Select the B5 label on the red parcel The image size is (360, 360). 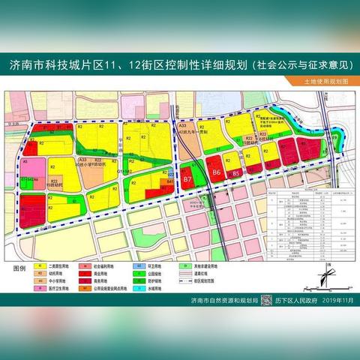coord(237,173)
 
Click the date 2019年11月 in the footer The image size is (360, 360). coord(334,300)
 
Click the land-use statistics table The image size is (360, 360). coord(304,214)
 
